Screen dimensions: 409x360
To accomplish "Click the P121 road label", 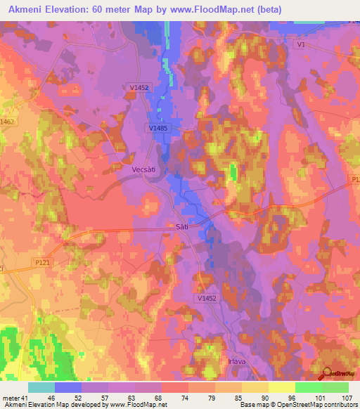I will pyautogui.click(x=44, y=261).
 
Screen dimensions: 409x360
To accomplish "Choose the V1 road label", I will pyautogui.click(x=302, y=44).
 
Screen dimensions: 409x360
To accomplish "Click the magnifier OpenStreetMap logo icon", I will pyautogui.click(x=328, y=373).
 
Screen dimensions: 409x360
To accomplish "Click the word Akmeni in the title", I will pyautogui.click(x=27, y=9).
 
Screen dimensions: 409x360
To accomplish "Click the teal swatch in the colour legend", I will pyautogui.click(x=41, y=387).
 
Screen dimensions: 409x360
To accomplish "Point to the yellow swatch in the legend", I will pyautogui.click(x=281, y=387).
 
